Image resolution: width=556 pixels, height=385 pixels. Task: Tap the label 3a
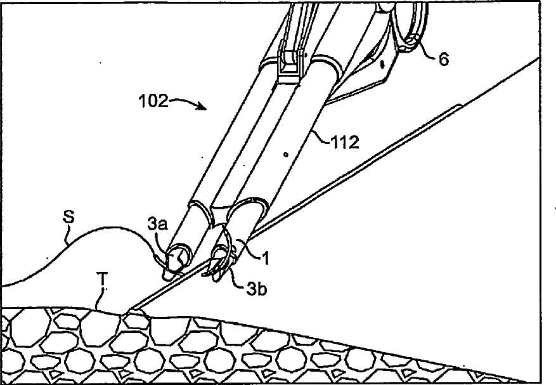(x=157, y=223)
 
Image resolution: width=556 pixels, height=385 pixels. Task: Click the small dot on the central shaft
(x=286, y=153)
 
